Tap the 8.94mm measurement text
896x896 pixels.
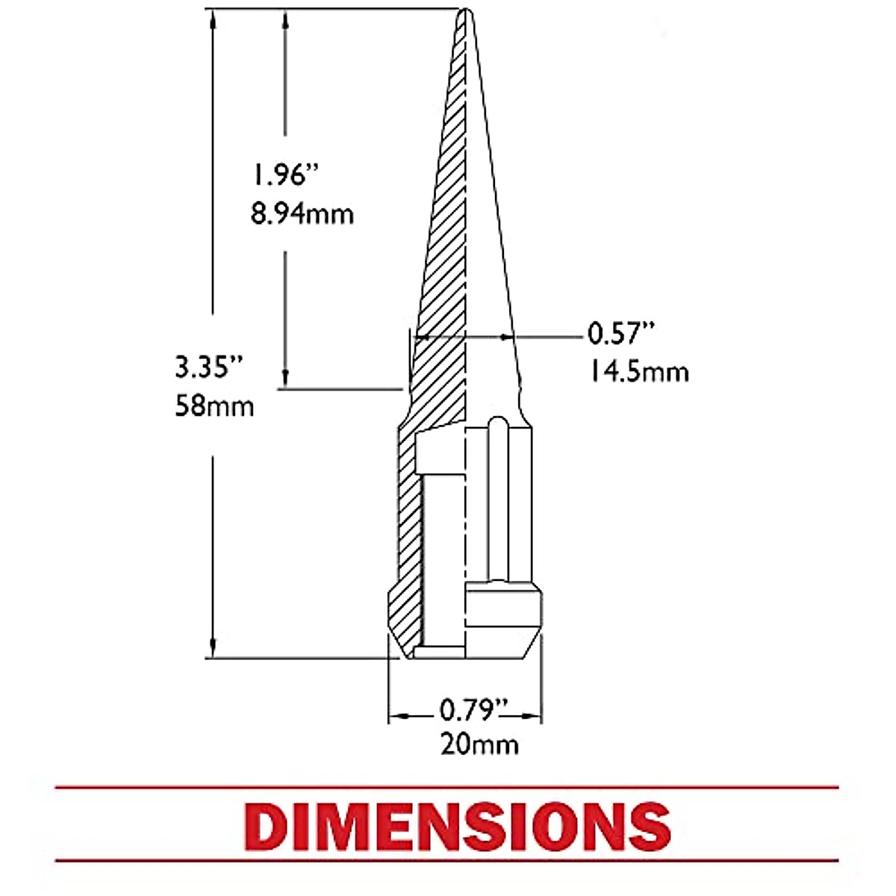click(x=302, y=214)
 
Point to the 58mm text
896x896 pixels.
click(x=214, y=406)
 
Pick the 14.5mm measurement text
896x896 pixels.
click(x=638, y=372)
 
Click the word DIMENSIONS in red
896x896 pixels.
click(x=458, y=826)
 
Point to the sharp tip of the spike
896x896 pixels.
click(x=465, y=9)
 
